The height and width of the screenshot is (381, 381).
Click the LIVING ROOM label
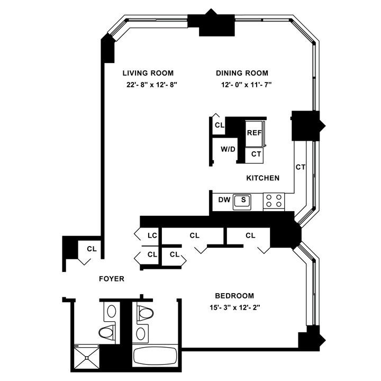click(148, 73)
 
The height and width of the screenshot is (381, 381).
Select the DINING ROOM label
click(242, 73)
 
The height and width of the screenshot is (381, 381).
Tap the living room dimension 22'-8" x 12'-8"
click(148, 85)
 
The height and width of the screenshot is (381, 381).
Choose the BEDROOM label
click(234, 296)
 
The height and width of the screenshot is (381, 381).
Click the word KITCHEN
click(262, 178)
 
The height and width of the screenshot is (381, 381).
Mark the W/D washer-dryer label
click(228, 150)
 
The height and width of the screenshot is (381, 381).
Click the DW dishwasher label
click(223, 200)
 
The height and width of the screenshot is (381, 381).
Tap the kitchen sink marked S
click(243, 200)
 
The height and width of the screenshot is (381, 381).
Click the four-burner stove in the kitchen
click(274, 201)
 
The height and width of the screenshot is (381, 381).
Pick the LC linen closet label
click(153, 235)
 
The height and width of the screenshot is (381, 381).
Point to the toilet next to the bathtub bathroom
click(144, 313)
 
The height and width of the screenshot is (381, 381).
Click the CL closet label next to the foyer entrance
click(92, 248)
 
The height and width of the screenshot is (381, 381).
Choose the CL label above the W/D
click(219, 125)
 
